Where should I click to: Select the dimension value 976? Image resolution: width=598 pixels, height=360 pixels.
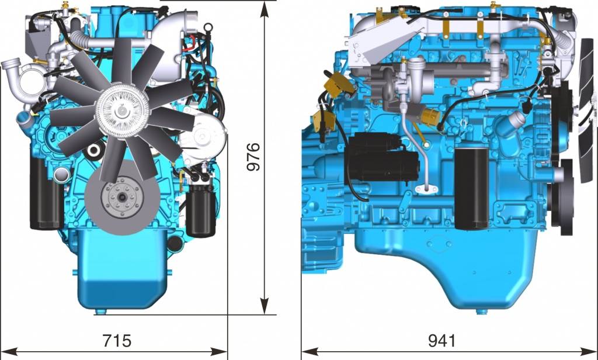pyautogui.click(x=253, y=157)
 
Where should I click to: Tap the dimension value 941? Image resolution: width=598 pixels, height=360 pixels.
pyautogui.click(x=442, y=341)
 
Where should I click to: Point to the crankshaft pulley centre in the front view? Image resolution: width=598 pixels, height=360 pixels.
pyautogui.click(x=122, y=197)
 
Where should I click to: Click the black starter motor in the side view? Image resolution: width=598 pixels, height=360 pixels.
pyautogui.click(x=383, y=157)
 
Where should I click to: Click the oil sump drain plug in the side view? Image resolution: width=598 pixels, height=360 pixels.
pyautogui.click(x=482, y=311)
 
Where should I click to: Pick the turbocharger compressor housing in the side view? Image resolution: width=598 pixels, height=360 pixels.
pyautogui.click(x=418, y=76)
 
